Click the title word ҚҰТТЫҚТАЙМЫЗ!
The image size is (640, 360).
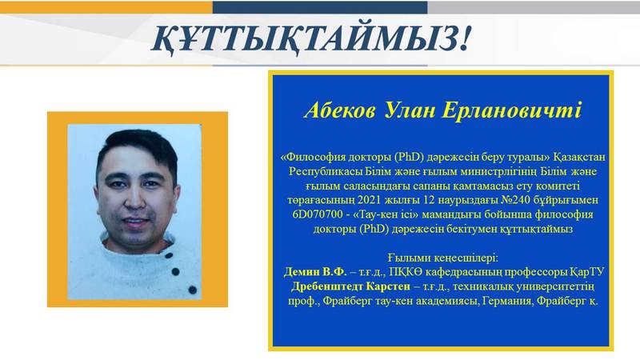[x=311, y=39]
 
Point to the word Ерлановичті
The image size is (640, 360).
[x=511, y=110]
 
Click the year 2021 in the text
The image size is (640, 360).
[x=369, y=200]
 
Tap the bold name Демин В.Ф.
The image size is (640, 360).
[x=315, y=272]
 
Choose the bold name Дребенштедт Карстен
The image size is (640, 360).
[x=350, y=286]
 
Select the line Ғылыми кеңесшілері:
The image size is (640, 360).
[x=443, y=258]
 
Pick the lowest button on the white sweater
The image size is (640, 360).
[x=193, y=290]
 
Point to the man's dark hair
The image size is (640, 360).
[x=137, y=148]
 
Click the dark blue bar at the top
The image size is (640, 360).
[x=320, y=7]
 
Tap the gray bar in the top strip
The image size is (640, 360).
[x=534, y=7]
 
